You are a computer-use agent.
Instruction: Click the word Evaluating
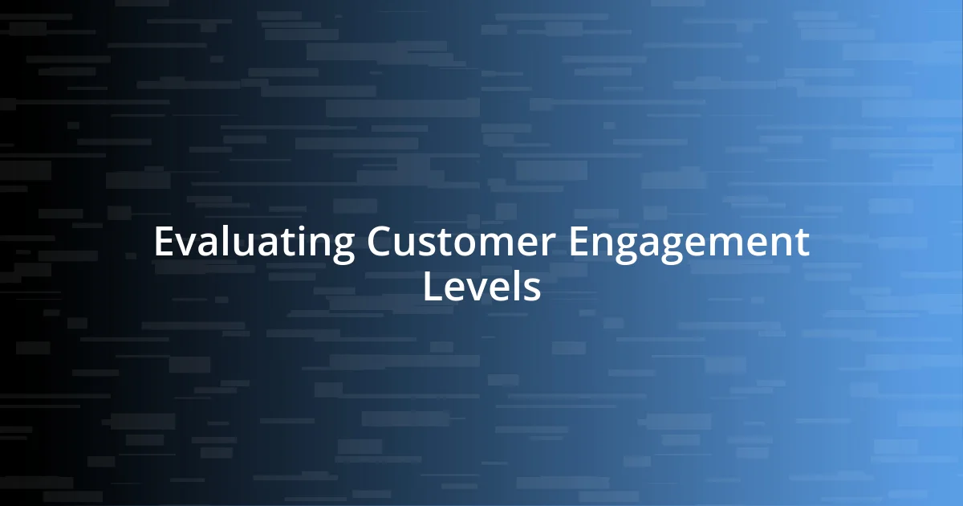point(254,243)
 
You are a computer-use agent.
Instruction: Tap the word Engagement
point(689,243)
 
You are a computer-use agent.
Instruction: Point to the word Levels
point(481,287)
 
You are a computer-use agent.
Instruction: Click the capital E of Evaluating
point(164,243)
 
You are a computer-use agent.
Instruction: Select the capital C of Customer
point(381,243)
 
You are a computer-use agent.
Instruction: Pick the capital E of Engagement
point(578,243)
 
